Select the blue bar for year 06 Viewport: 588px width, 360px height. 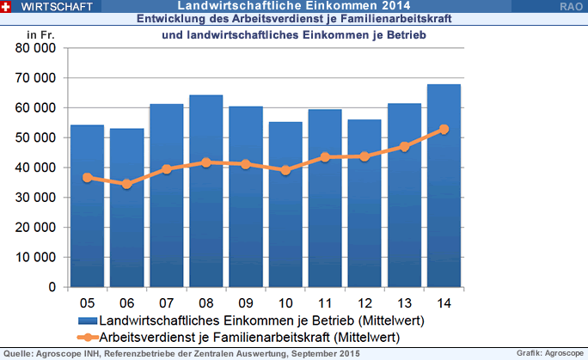coord(126,207)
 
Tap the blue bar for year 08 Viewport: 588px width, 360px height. coord(206,190)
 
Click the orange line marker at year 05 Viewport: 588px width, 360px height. coord(87,178)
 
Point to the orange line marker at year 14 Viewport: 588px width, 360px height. coord(444,130)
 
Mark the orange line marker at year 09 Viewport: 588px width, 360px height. coord(246,164)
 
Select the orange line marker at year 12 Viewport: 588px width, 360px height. coord(364,156)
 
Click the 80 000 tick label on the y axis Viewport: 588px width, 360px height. coord(37,48)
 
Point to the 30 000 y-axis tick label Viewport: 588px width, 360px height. coord(37,198)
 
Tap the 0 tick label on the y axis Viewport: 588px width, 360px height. coord(52,287)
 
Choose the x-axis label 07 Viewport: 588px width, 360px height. coord(167,303)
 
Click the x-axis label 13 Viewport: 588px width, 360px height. coord(404,303)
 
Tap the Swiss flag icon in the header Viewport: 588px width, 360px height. coord(7,6)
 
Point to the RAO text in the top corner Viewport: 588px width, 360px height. coord(569,6)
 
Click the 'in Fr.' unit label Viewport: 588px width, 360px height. coord(40,34)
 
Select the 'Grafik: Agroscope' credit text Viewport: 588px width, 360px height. coord(549,353)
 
